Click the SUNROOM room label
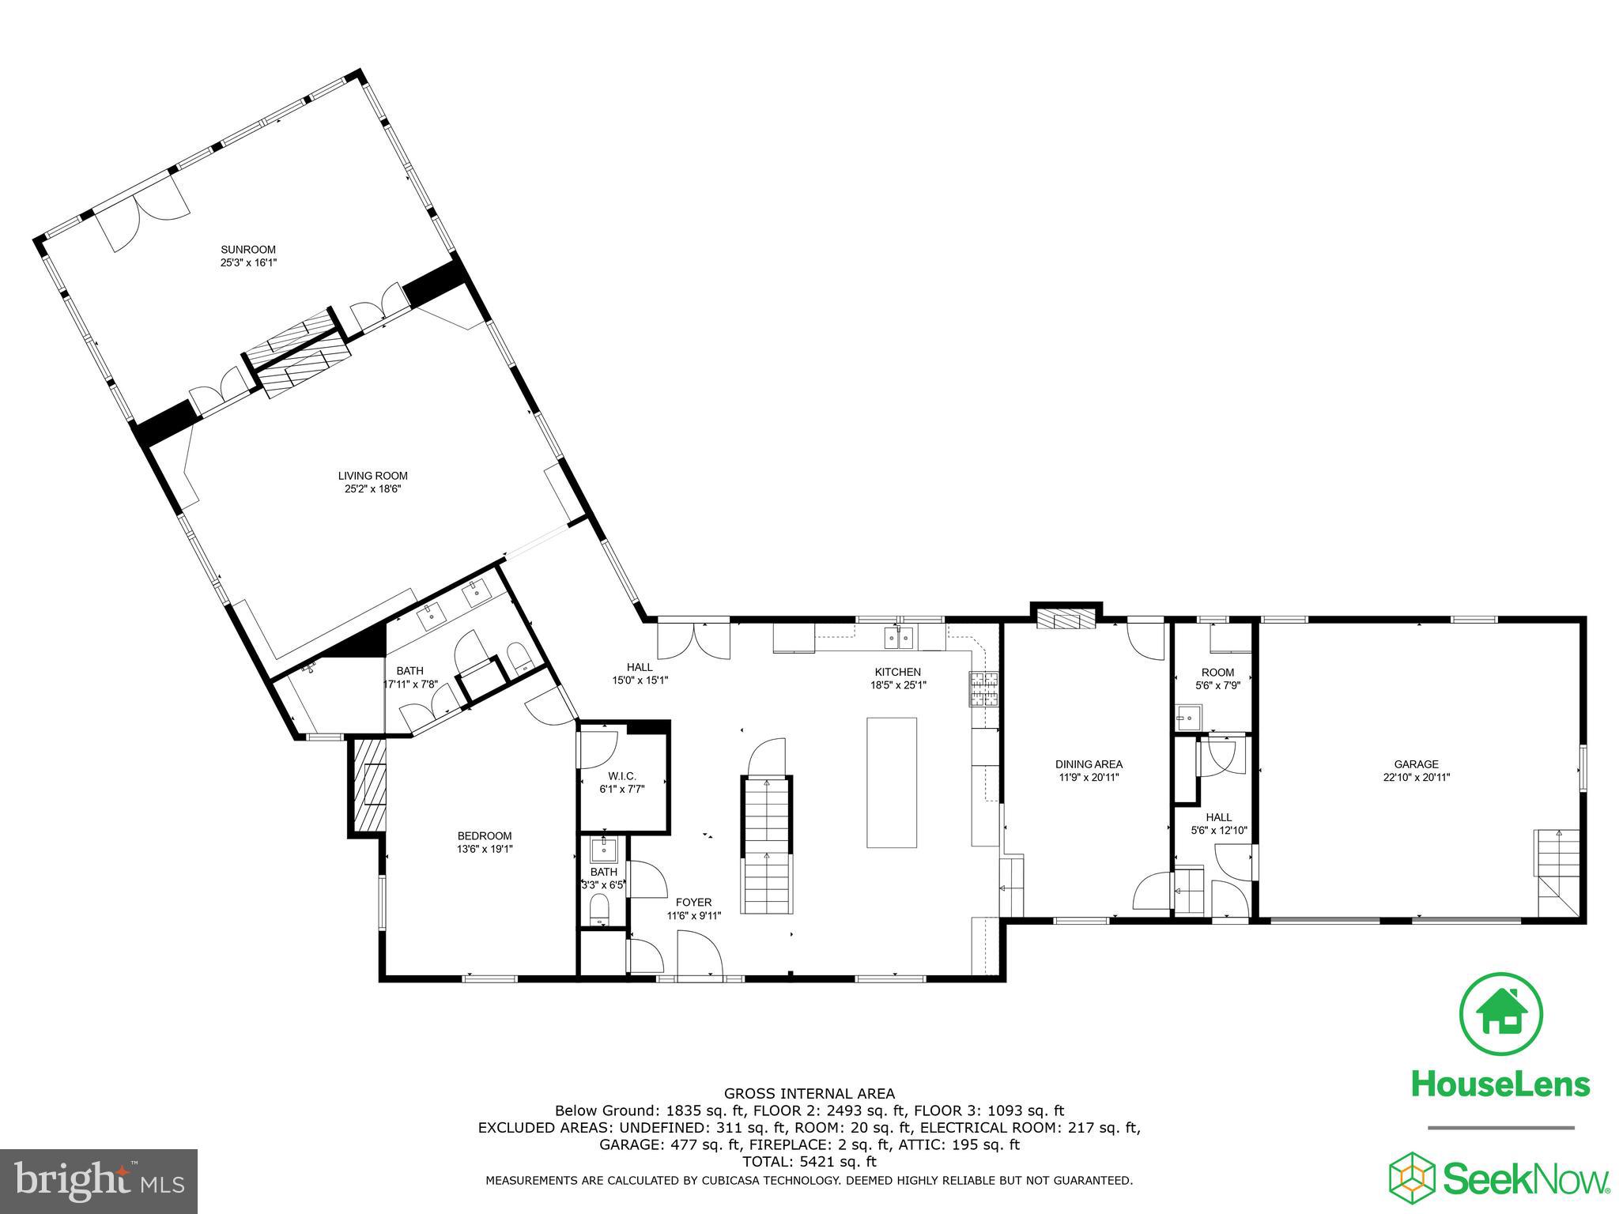tap(248, 250)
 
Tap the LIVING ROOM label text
tap(372, 476)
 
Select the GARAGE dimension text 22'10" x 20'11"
tap(1416, 777)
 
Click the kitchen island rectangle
tap(892, 782)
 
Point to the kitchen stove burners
tap(983, 688)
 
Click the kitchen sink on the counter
tap(900, 635)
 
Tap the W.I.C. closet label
tap(622, 776)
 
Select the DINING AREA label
tap(1089, 764)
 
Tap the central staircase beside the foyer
tap(766, 846)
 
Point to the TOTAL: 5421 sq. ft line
tap(809, 1162)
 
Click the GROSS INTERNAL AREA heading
tap(809, 1094)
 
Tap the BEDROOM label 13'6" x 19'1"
tap(485, 835)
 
